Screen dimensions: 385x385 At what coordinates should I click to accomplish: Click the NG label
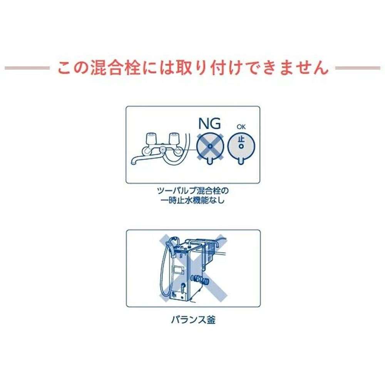pyautogui.click(x=209, y=123)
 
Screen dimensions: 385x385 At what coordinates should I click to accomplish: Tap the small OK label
pyautogui.click(x=241, y=127)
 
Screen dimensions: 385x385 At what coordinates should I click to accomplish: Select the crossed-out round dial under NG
pyautogui.click(x=210, y=147)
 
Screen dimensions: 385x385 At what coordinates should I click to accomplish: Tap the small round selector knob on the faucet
pyautogui.click(x=162, y=149)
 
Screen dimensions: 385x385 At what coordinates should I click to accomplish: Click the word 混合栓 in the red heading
pyautogui.click(x=115, y=67)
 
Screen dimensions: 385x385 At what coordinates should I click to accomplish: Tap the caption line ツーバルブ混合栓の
pyautogui.click(x=193, y=191)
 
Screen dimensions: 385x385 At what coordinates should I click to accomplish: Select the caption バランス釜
pyautogui.click(x=193, y=320)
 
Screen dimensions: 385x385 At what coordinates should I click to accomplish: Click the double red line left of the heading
pyautogui.click(x=27, y=68)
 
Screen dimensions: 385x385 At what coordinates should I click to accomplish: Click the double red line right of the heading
pyautogui.click(x=358, y=68)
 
